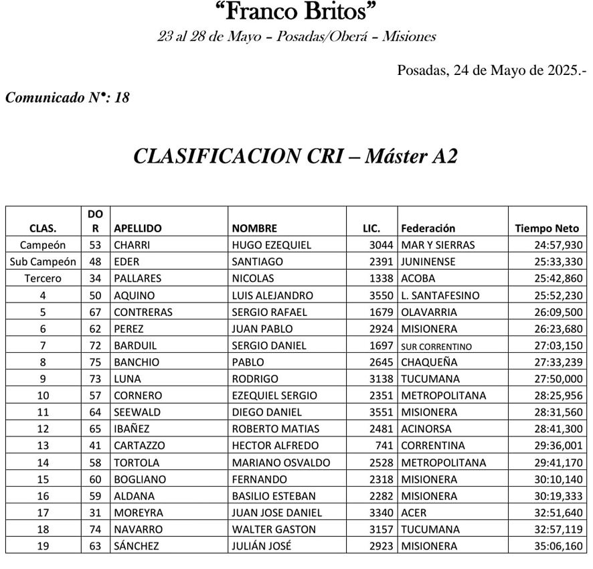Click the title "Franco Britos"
coord(296,11)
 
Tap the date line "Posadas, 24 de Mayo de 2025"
coord(491,70)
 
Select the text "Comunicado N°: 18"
coord(67,98)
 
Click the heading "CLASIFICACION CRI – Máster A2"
coord(296,156)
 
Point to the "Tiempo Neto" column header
coord(547,228)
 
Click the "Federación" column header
coord(428,228)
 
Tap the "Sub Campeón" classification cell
coord(43,262)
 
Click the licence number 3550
coord(382,295)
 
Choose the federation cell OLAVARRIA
coord(429,312)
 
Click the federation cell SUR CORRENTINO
coord(436,346)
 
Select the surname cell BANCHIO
coord(137,362)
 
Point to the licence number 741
coord(385,446)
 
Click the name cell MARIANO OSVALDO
coord(280,463)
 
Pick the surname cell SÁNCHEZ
coord(137,546)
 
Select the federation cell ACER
coord(414,513)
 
